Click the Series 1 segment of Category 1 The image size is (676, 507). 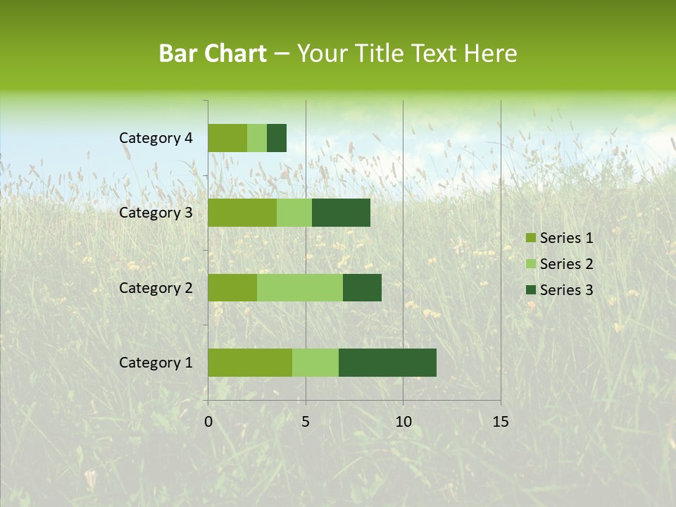click(250, 363)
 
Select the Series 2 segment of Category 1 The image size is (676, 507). click(315, 363)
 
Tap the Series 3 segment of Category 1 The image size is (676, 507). click(387, 363)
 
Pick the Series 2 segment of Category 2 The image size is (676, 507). click(300, 287)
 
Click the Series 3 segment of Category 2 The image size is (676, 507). click(362, 287)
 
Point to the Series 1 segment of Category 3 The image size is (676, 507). click(242, 213)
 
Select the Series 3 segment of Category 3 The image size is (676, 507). click(341, 213)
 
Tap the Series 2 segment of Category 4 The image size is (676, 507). click(257, 138)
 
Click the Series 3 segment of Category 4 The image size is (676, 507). click(277, 138)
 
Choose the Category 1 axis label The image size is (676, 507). click(156, 363)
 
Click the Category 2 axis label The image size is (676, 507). click(156, 287)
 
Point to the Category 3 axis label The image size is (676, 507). click(156, 213)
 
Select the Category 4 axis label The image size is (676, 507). click(156, 138)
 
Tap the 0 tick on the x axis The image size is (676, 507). click(208, 422)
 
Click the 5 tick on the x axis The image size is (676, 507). click(306, 422)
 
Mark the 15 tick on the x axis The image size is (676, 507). click(500, 422)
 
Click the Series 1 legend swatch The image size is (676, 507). click(530, 238)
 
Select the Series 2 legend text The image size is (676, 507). click(566, 264)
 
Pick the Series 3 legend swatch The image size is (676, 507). click(530, 290)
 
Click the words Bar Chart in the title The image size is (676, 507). click(213, 54)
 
